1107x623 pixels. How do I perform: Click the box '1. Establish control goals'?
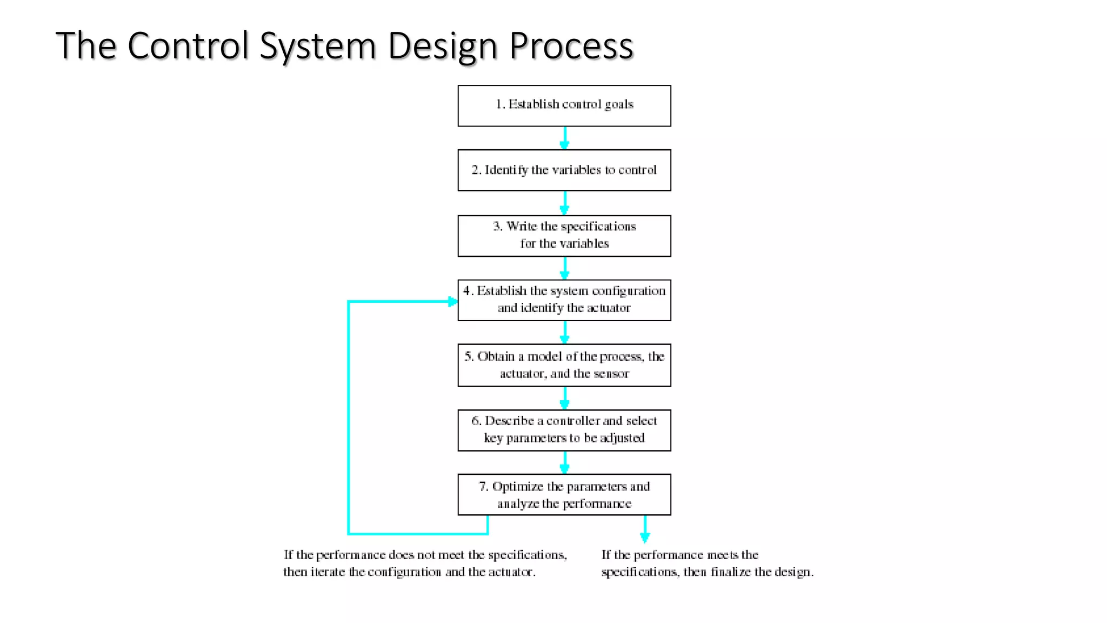click(x=564, y=106)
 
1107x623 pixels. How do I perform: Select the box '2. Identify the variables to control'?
click(x=564, y=170)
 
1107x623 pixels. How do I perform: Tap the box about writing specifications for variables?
click(x=564, y=236)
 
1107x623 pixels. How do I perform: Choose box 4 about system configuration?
click(x=564, y=300)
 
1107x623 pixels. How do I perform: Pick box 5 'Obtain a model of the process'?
click(x=564, y=365)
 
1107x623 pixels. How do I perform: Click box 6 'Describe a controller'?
click(x=564, y=430)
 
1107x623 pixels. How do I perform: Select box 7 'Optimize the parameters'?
click(x=564, y=494)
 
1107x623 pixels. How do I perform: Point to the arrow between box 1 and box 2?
click(x=565, y=138)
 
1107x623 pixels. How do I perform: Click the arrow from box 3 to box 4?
click(x=565, y=268)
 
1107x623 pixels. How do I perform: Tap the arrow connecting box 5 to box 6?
click(x=565, y=398)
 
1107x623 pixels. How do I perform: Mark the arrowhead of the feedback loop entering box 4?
click(x=453, y=301)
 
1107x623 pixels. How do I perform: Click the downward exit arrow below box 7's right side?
click(x=645, y=530)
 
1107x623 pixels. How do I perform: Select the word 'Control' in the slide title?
click(x=189, y=45)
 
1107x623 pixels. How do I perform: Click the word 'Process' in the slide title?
click(x=571, y=45)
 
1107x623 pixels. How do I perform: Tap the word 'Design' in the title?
click(x=443, y=45)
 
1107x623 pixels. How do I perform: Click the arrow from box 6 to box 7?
click(x=565, y=463)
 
